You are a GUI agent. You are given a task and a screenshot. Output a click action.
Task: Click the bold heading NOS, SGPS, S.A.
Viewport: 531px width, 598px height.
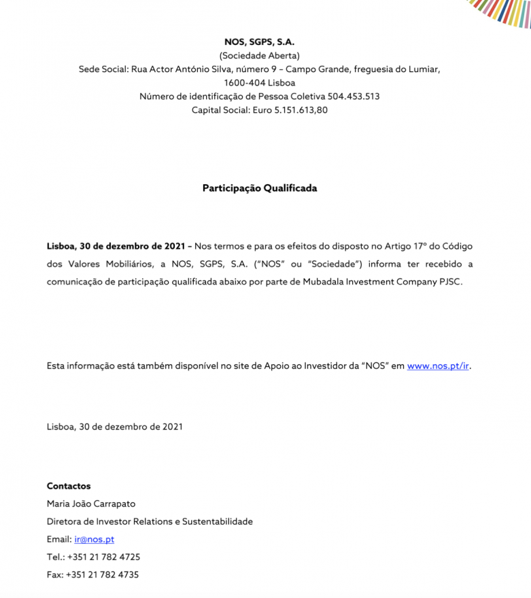tap(259, 42)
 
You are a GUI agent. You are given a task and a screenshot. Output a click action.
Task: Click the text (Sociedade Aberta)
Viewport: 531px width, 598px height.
tap(259, 56)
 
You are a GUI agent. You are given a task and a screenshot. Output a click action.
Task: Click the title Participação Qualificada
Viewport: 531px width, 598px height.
tap(259, 188)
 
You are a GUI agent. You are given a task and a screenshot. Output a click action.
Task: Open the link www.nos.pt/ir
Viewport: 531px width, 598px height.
tap(438, 366)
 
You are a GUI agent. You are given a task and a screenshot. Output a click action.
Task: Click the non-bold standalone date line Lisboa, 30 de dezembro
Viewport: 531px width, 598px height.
tap(114, 427)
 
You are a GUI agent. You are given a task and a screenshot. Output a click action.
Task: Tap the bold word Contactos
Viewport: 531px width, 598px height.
tap(69, 487)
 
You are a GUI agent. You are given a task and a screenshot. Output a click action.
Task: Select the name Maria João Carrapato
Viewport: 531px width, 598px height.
tap(91, 504)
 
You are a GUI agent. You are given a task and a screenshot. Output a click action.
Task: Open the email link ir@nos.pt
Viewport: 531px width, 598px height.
tap(94, 540)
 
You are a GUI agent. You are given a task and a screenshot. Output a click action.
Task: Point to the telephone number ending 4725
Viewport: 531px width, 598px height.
tap(103, 557)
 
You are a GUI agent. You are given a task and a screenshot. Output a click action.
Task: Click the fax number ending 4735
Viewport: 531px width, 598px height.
tap(102, 575)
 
